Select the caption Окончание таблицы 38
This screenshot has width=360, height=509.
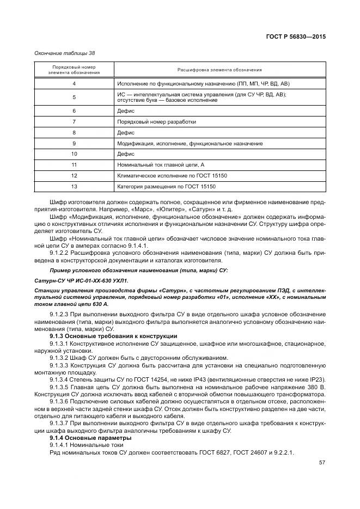pyautogui.click(x=64, y=53)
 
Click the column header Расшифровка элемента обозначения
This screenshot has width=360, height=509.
pyautogui.click(x=219, y=70)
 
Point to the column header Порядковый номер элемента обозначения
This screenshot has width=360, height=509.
pyautogui.click(x=74, y=70)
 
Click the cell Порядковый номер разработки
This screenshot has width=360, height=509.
pyautogui.click(x=156, y=122)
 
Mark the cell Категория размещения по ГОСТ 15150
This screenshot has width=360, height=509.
pyautogui.click(x=167, y=186)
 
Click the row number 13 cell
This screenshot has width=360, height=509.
pyautogui.click(x=74, y=186)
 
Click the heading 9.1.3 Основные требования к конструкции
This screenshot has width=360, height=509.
pyautogui.click(x=113, y=336)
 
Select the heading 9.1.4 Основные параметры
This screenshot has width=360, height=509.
pyautogui.click(x=90, y=437)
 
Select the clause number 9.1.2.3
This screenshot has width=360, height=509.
pyautogui.click(x=60, y=315)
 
